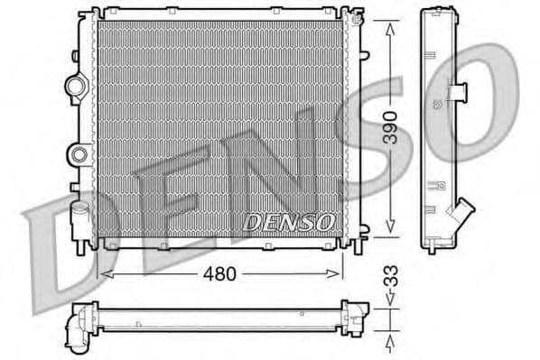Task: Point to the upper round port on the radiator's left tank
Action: click(75, 87)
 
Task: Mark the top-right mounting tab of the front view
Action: click(358, 17)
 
